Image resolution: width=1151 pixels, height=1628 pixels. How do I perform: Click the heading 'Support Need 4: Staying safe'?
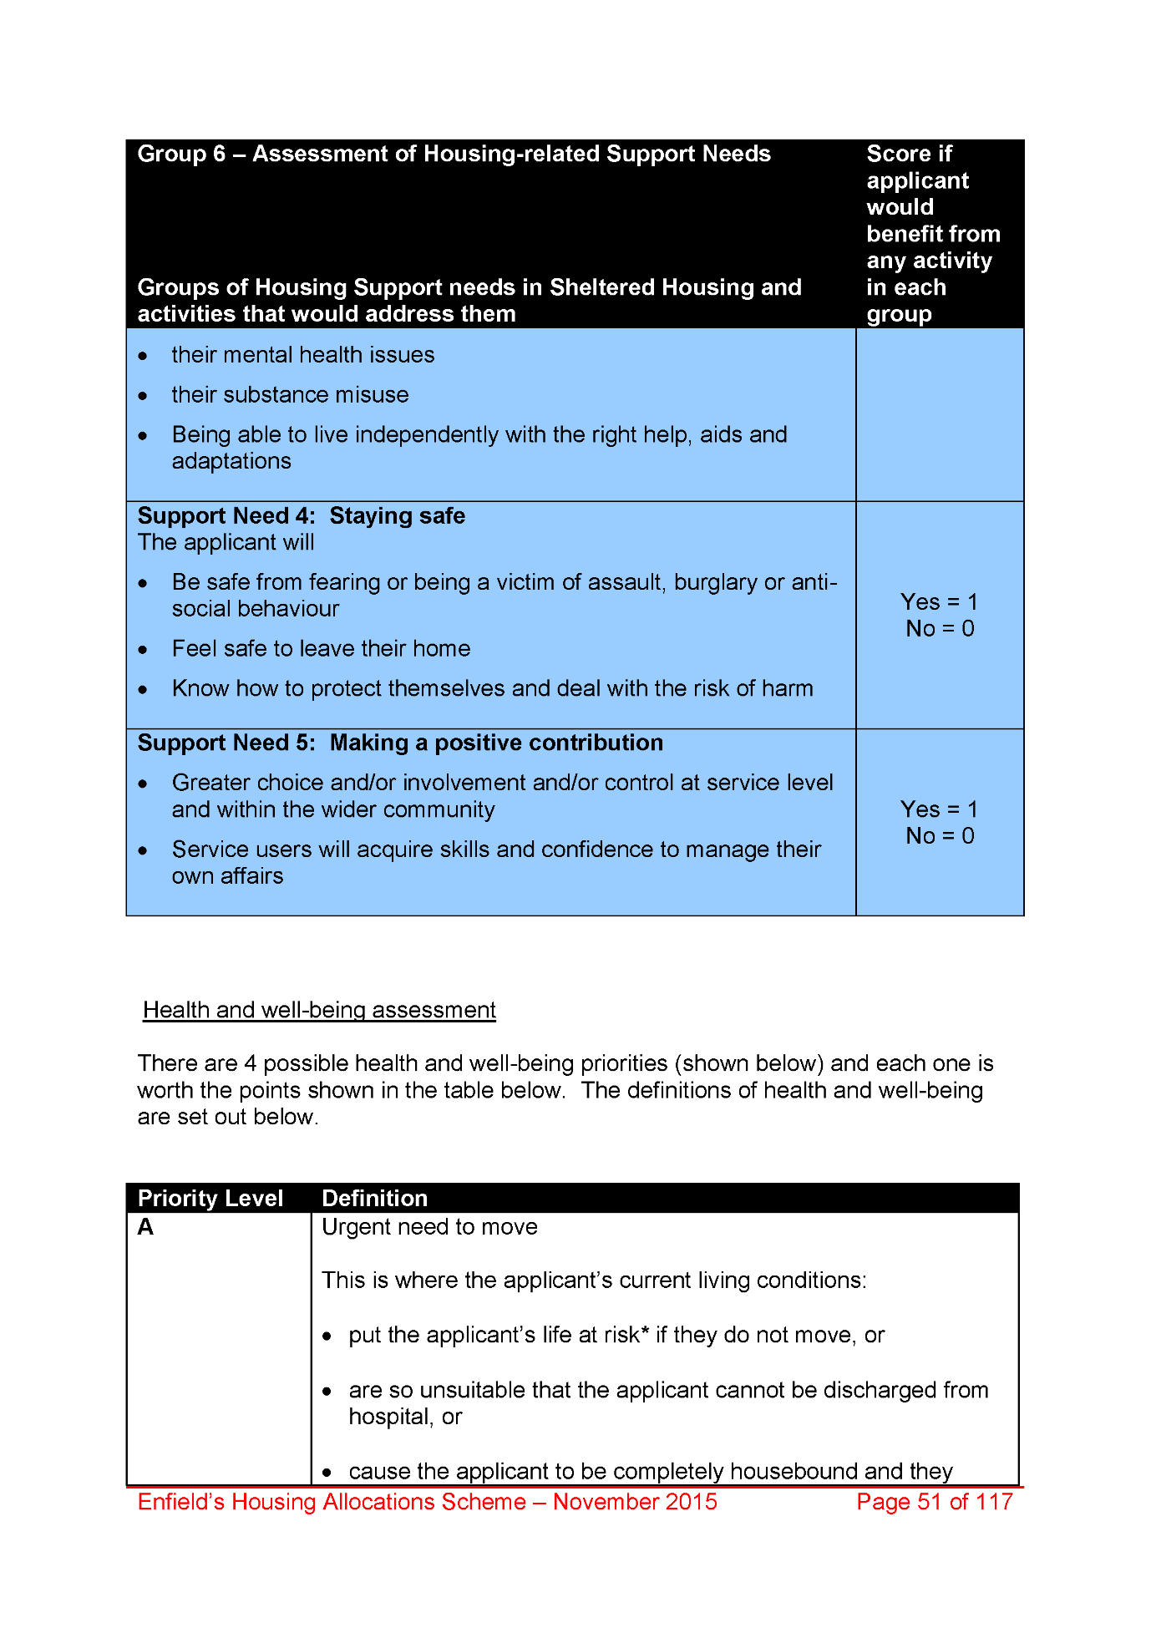click(x=301, y=516)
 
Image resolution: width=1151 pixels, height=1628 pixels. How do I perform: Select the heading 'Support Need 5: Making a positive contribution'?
click(x=400, y=743)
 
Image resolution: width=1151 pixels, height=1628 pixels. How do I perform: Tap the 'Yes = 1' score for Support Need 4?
click(x=939, y=602)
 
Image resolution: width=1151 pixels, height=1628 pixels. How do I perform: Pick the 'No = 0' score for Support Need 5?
click(x=940, y=836)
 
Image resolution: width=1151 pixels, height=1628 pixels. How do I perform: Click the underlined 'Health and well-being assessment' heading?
click(x=319, y=1011)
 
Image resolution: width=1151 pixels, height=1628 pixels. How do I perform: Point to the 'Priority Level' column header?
click(x=210, y=1199)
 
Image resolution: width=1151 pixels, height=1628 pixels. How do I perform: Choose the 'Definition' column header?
click(x=374, y=1199)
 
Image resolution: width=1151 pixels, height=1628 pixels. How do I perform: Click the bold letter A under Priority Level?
click(x=145, y=1227)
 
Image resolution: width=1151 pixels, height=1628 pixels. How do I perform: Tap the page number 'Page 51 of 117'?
click(x=934, y=1502)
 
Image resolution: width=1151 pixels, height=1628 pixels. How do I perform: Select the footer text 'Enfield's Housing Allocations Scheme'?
click(x=332, y=1502)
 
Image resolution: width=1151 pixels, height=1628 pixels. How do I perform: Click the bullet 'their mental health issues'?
click(x=302, y=355)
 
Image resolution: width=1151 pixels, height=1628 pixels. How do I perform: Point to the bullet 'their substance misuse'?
click(x=290, y=395)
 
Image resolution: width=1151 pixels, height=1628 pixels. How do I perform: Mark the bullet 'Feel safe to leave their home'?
click(x=321, y=649)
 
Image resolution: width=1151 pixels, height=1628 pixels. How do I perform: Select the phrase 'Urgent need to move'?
click(x=429, y=1227)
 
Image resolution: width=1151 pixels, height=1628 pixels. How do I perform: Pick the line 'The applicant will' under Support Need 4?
click(x=226, y=543)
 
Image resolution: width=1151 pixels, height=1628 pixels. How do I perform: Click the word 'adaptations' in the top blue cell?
click(x=231, y=462)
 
